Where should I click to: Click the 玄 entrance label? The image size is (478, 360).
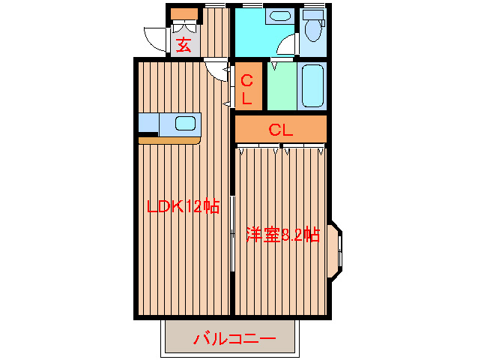click(x=184, y=43)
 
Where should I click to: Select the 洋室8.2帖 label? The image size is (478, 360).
click(x=282, y=235)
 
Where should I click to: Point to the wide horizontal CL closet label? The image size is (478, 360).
click(x=280, y=129)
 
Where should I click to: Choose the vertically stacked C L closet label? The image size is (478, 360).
click(x=247, y=87)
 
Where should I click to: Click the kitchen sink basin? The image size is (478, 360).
click(x=184, y=123)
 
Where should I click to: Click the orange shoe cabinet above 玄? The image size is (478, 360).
click(x=184, y=14)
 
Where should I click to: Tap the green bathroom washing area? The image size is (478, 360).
click(x=282, y=86)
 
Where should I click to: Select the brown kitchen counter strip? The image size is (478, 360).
click(x=169, y=139)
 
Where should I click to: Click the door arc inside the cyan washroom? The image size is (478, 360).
click(x=285, y=45)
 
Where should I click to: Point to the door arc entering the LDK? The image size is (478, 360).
click(x=219, y=70)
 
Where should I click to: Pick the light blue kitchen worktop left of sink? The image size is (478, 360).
click(x=150, y=123)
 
